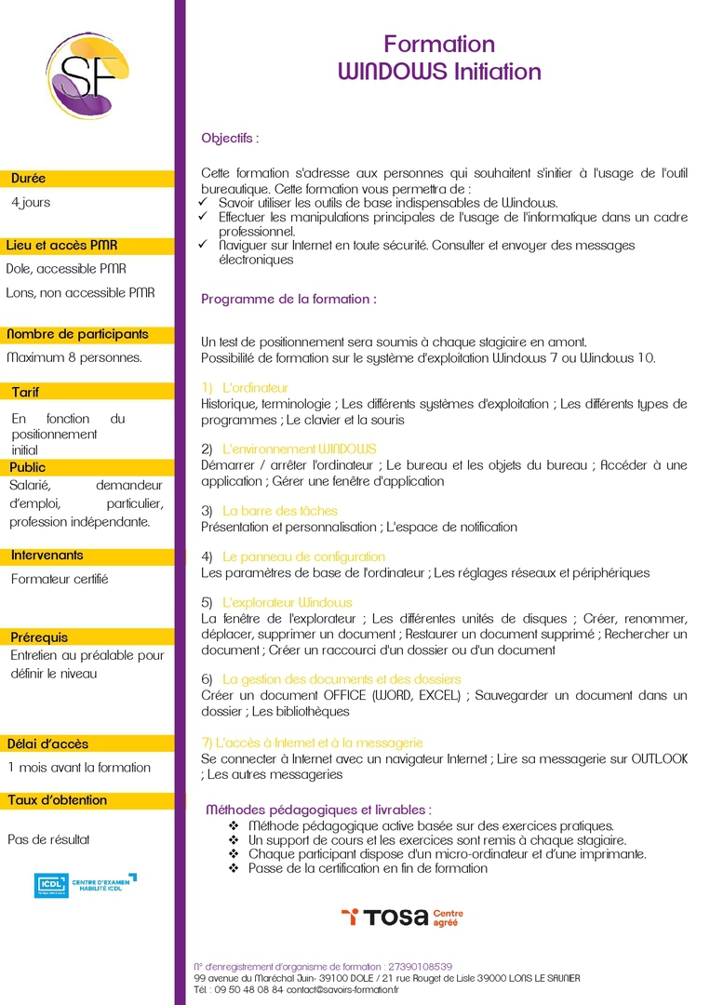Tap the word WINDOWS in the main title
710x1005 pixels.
coord(392,72)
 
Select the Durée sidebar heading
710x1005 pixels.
coord(28,178)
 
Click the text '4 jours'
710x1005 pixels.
coord(31,202)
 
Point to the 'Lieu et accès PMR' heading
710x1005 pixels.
coord(61,246)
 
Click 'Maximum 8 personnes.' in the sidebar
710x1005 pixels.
coord(74,357)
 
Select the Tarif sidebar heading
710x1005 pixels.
coord(25,392)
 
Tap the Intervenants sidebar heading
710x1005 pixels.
coord(47,556)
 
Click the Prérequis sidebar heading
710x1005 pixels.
coord(39,637)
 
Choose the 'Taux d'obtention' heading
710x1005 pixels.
coord(57,800)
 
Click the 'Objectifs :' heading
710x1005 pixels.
coord(230,138)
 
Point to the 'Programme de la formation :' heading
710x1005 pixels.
coord(288,300)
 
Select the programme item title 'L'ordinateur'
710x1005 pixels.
coord(256,387)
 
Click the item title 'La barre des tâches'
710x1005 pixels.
coord(280,511)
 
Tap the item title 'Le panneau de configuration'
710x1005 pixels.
coord(303,556)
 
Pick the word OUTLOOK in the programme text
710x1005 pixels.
coord(659,758)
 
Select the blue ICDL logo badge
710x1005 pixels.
coord(51,885)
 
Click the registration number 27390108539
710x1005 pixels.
coord(422,967)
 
